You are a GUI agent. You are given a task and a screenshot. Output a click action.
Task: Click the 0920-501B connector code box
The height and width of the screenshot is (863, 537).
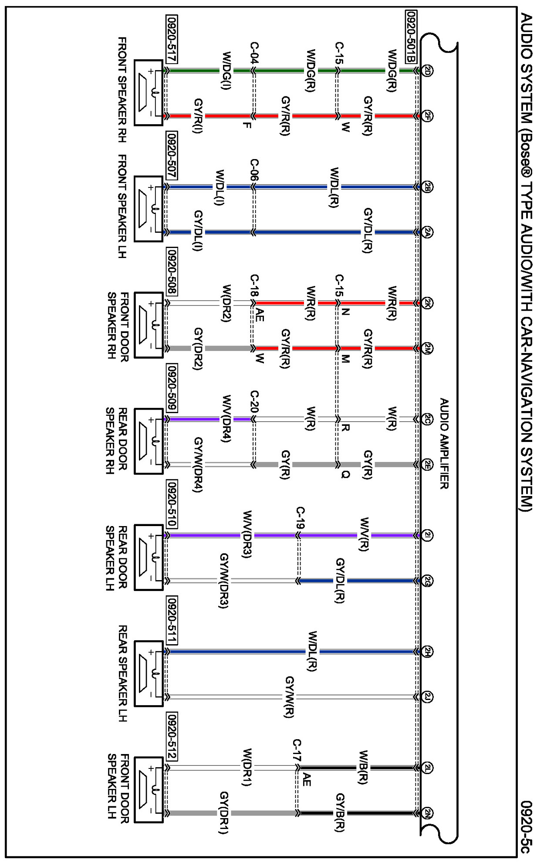[x=411, y=37]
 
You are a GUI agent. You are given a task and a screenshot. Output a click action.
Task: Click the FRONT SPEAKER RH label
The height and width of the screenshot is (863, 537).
[x=122, y=89]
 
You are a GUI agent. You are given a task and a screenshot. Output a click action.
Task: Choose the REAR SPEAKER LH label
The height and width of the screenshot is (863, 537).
[x=122, y=673]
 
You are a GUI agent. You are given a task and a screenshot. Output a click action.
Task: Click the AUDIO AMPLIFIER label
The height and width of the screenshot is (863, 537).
[x=444, y=443]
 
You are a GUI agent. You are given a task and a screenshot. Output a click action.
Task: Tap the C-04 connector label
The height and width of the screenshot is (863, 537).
[x=254, y=53]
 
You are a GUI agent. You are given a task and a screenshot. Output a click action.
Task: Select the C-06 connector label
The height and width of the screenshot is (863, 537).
[x=254, y=170]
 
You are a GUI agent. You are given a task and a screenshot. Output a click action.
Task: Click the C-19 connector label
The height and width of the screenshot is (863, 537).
[x=300, y=518]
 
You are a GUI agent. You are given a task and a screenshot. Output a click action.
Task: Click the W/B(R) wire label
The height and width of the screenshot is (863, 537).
[x=363, y=767]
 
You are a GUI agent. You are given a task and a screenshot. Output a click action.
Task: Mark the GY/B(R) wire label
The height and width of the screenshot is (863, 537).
[x=340, y=812]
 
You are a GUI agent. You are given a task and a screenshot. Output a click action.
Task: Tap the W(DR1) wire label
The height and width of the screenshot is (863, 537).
[x=247, y=767]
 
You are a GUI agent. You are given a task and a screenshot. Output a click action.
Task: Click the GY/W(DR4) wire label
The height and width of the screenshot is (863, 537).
[x=198, y=465]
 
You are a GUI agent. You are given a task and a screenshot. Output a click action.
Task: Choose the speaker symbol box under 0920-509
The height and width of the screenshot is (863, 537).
[x=149, y=441]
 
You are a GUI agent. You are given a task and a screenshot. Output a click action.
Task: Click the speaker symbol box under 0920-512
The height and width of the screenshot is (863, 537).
[x=149, y=790]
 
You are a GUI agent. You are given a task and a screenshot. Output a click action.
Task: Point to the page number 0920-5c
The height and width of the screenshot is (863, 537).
[x=526, y=826]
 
